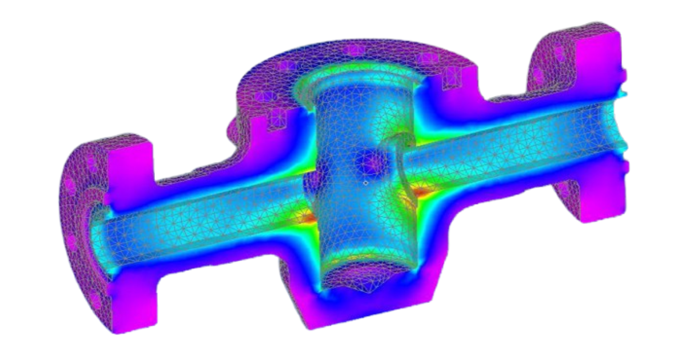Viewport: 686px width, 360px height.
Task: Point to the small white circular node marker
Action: (x=365, y=183)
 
